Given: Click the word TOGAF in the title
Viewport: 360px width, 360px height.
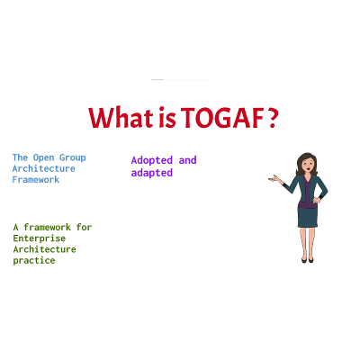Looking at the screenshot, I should (x=223, y=118).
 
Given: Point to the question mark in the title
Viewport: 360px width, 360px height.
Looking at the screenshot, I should (x=271, y=118).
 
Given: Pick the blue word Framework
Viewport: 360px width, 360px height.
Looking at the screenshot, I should (x=35, y=179).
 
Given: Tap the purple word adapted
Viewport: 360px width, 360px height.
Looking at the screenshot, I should (x=151, y=173).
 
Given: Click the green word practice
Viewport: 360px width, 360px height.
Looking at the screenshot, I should (x=34, y=260).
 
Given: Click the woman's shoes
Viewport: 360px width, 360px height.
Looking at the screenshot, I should (x=307, y=258).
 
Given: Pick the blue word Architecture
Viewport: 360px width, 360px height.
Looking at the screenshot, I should (x=44, y=168).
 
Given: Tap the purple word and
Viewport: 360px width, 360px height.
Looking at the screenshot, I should (x=187, y=160).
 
